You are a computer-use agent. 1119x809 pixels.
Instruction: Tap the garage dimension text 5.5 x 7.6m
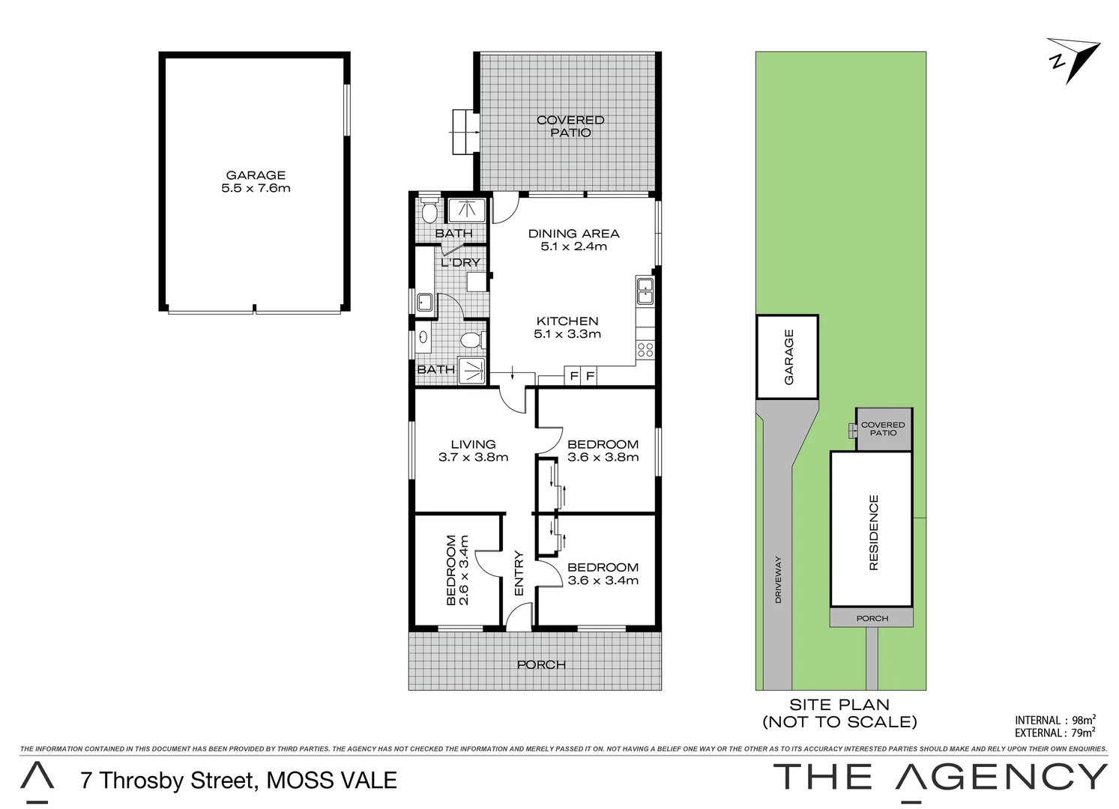[256, 188]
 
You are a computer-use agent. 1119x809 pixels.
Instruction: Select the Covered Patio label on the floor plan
[570, 126]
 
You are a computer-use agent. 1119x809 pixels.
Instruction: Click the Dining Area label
[573, 234]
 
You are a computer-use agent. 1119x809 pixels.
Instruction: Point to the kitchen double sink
[645, 290]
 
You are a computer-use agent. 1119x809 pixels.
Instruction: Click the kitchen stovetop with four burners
[645, 349]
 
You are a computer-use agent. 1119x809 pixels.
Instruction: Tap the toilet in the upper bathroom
[429, 212]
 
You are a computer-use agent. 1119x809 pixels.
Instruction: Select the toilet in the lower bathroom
[471, 341]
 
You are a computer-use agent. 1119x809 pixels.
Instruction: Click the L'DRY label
[460, 262]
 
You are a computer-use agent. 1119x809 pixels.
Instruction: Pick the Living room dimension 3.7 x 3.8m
[473, 457]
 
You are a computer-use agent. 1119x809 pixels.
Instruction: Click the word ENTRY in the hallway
[519, 573]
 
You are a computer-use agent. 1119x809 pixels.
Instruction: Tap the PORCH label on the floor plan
[541, 664]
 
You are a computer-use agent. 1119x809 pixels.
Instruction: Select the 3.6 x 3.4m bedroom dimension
[603, 581]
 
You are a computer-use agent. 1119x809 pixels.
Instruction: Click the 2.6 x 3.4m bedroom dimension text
[464, 570]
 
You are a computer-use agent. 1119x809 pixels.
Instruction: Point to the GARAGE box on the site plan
[787, 357]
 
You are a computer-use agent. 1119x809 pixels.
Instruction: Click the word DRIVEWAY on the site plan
[778, 579]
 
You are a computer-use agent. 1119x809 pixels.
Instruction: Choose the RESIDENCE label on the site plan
[872, 533]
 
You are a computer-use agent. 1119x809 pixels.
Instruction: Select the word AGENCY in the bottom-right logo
[1001, 778]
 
